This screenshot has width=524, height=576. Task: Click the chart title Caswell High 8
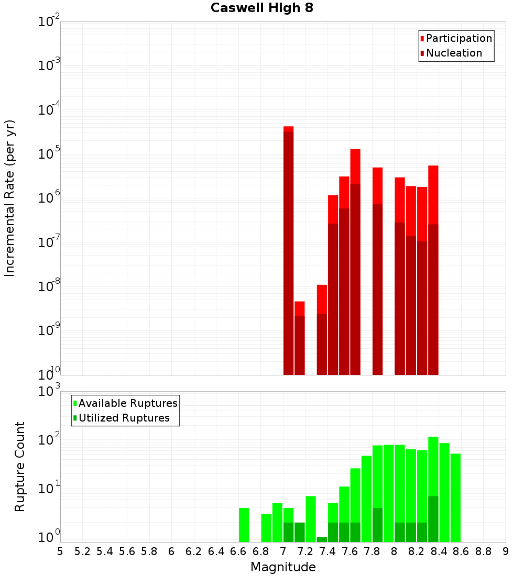[x=261, y=8]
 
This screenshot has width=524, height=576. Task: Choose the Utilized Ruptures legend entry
[x=124, y=418]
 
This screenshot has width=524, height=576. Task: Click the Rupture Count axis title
[x=20, y=467]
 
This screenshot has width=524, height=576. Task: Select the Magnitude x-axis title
[x=283, y=567]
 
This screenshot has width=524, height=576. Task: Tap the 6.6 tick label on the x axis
[x=238, y=551]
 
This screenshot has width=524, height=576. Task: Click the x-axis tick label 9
[x=505, y=551]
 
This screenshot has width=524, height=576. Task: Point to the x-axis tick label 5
[x=60, y=551]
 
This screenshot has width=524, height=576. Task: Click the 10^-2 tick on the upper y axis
[x=49, y=22]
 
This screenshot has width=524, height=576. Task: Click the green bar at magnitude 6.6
[x=244, y=525]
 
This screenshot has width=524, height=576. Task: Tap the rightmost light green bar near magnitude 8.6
[x=455, y=497]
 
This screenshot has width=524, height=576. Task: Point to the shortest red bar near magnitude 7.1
[x=299, y=338]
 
